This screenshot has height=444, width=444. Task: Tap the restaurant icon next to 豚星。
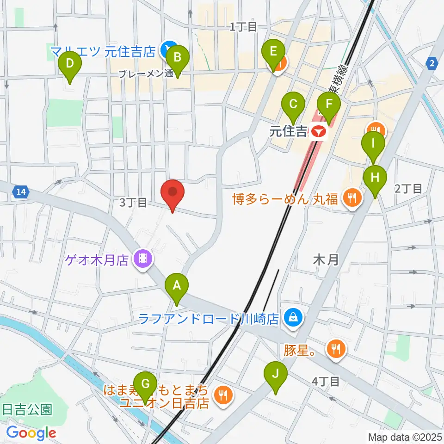[x=335, y=348]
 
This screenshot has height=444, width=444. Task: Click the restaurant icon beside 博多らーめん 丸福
[x=352, y=198]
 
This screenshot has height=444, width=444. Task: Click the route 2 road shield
[x=432, y=63]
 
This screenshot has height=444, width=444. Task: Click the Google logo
[x=31, y=433]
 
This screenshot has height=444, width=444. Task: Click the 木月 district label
[x=326, y=259]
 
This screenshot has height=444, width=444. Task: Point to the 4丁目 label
[x=326, y=382]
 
